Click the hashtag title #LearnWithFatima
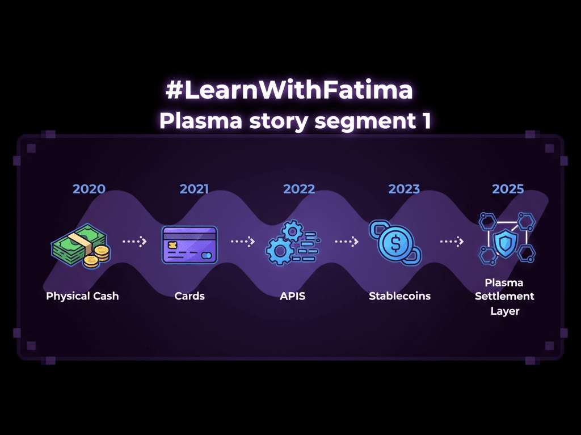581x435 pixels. pyautogui.click(x=289, y=91)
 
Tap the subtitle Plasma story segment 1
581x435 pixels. pyautogui.click(x=295, y=121)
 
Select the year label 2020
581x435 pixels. pyautogui.click(x=89, y=189)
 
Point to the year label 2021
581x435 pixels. pyautogui.click(x=194, y=189)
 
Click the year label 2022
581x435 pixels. pyautogui.click(x=299, y=189)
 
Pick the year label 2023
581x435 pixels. pyautogui.click(x=404, y=189)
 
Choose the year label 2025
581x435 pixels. pyautogui.click(x=508, y=189)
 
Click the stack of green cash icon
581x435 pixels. pyautogui.click(x=77, y=243)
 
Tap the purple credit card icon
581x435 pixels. pyautogui.click(x=190, y=244)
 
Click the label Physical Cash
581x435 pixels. pyautogui.click(x=82, y=296)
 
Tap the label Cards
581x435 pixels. pyautogui.click(x=190, y=296)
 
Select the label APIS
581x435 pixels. pyautogui.click(x=292, y=296)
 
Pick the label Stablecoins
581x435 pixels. pyautogui.click(x=399, y=296)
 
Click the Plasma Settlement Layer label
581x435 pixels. pyautogui.click(x=504, y=297)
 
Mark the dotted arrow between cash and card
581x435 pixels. pyautogui.click(x=134, y=242)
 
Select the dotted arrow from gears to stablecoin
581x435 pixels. pyautogui.click(x=346, y=242)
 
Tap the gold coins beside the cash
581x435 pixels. pyautogui.click(x=96, y=256)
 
